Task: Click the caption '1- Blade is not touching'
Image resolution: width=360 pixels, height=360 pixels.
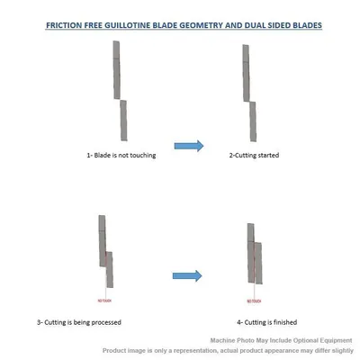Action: pos(115,156)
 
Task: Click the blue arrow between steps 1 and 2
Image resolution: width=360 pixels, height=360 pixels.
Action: pos(187,144)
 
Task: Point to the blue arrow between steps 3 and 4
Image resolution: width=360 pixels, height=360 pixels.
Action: pos(186,275)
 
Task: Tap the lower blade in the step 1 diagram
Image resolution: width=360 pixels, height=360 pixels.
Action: pos(122,121)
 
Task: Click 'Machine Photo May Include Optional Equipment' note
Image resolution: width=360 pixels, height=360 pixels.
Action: pos(283,339)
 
